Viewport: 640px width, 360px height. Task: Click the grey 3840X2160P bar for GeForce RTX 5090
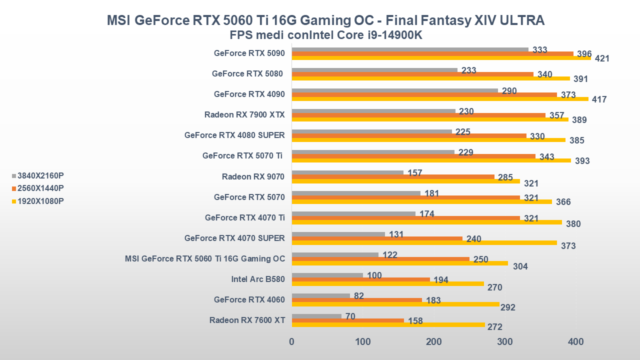click(x=410, y=49)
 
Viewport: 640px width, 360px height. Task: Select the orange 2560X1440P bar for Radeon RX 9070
click(x=393, y=177)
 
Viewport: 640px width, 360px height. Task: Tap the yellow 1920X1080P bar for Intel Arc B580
click(x=387, y=283)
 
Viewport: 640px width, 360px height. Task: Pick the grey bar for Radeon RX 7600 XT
click(x=316, y=316)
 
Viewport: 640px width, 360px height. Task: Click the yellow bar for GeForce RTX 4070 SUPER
click(x=424, y=242)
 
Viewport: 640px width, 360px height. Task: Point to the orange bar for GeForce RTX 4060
click(x=356, y=300)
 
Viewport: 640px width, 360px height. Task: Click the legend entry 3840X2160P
click(x=40, y=175)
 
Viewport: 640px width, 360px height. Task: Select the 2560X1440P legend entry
click(x=40, y=188)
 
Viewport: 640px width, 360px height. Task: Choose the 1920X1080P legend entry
click(x=40, y=201)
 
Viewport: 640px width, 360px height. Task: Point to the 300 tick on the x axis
click(x=505, y=342)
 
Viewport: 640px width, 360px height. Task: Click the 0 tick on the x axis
click(x=292, y=342)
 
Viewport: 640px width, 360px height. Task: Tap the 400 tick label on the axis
click(x=576, y=342)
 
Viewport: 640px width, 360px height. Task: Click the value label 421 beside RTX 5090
click(x=602, y=58)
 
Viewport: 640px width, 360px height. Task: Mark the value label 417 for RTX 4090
click(x=599, y=99)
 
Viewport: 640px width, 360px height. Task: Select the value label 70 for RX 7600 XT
click(x=350, y=316)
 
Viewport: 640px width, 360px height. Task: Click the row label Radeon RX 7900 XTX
click(x=244, y=114)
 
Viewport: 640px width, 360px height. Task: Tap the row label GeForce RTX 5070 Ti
click(x=242, y=155)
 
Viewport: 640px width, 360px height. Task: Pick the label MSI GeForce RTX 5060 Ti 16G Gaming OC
click(x=205, y=258)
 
